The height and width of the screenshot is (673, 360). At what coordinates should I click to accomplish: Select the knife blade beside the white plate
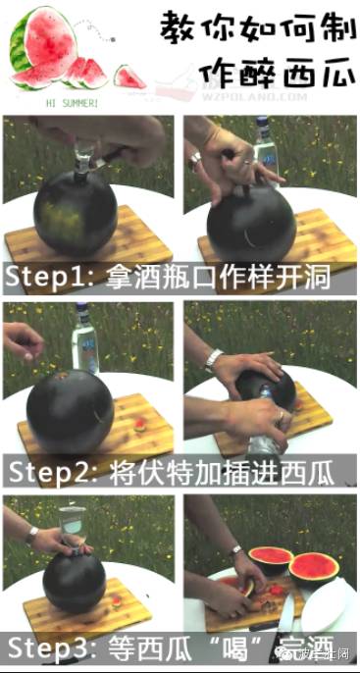[285, 612]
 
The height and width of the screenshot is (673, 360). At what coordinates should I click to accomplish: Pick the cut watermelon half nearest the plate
[315, 565]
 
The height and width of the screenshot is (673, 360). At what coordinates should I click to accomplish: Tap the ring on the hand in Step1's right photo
[196, 156]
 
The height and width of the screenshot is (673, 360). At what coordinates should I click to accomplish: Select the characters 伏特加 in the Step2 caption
[200, 470]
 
